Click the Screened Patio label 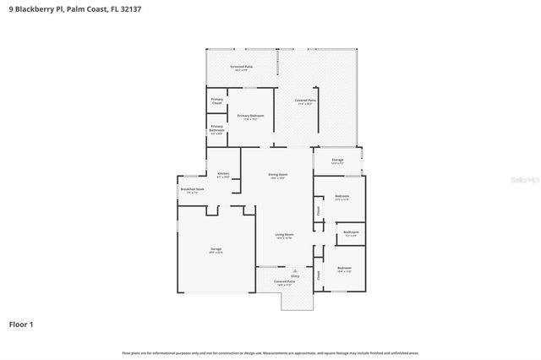click(x=242, y=66)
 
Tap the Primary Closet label click(x=216, y=102)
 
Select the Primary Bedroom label click(x=250, y=116)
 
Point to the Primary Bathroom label click(x=216, y=128)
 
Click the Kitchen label click(x=223, y=174)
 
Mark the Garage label click(x=216, y=250)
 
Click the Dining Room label click(x=278, y=175)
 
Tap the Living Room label click(x=284, y=235)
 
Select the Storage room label click(x=337, y=159)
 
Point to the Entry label click(x=295, y=275)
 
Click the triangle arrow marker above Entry click(x=295, y=270)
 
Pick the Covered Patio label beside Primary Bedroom click(x=305, y=101)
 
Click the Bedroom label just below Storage click(x=342, y=197)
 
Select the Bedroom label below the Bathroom click(x=344, y=268)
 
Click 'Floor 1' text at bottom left click(x=22, y=324)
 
